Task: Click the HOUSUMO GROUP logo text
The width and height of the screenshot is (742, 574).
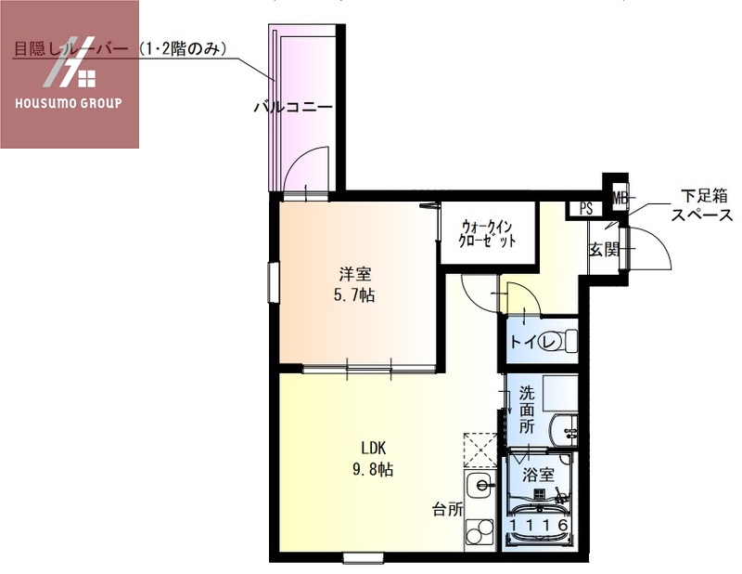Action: pyautogui.click(x=69, y=102)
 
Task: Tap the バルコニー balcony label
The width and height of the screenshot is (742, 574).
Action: pyautogui.click(x=293, y=108)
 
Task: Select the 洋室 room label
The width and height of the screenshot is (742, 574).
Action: pyautogui.click(x=354, y=274)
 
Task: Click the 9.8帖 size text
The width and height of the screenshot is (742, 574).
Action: pyautogui.click(x=373, y=470)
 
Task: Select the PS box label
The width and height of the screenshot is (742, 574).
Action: pyautogui.click(x=586, y=209)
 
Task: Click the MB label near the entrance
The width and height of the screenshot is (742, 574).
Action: pyautogui.click(x=619, y=198)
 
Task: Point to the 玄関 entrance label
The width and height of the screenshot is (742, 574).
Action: pyautogui.click(x=603, y=249)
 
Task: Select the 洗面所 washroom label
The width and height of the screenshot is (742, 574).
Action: pyautogui.click(x=527, y=409)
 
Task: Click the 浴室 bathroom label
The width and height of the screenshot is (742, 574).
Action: pyautogui.click(x=539, y=474)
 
